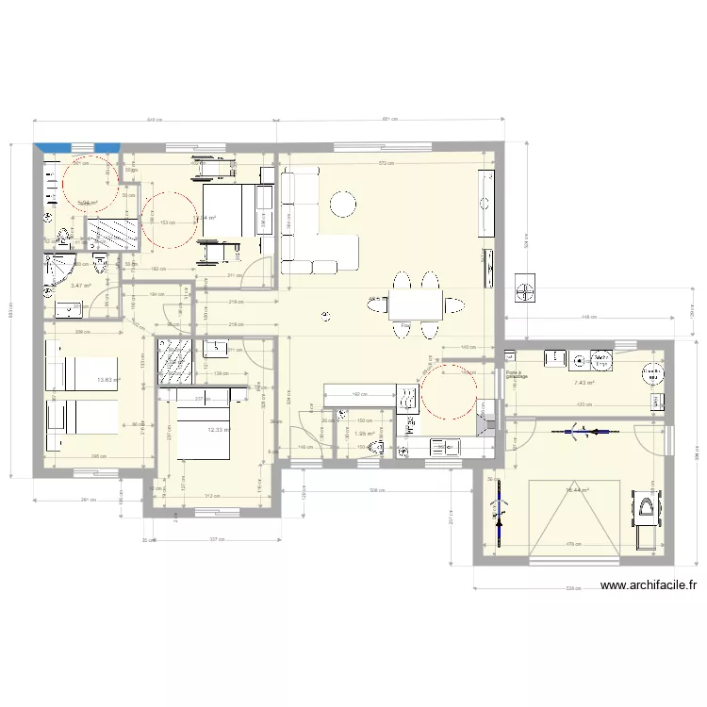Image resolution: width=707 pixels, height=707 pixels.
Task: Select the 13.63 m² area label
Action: pyautogui.click(x=109, y=381)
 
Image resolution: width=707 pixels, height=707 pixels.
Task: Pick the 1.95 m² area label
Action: pyautogui.click(x=365, y=434)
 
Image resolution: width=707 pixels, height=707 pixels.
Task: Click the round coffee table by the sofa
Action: pyautogui.click(x=341, y=203)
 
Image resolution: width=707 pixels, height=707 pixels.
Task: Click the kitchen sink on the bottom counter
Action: pyautogui.click(x=413, y=425)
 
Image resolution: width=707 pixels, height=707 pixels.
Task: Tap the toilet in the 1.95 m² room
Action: pyautogui.click(x=378, y=446)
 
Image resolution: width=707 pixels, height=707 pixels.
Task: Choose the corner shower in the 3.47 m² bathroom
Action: pyautogui.click(x=59, y=269)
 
